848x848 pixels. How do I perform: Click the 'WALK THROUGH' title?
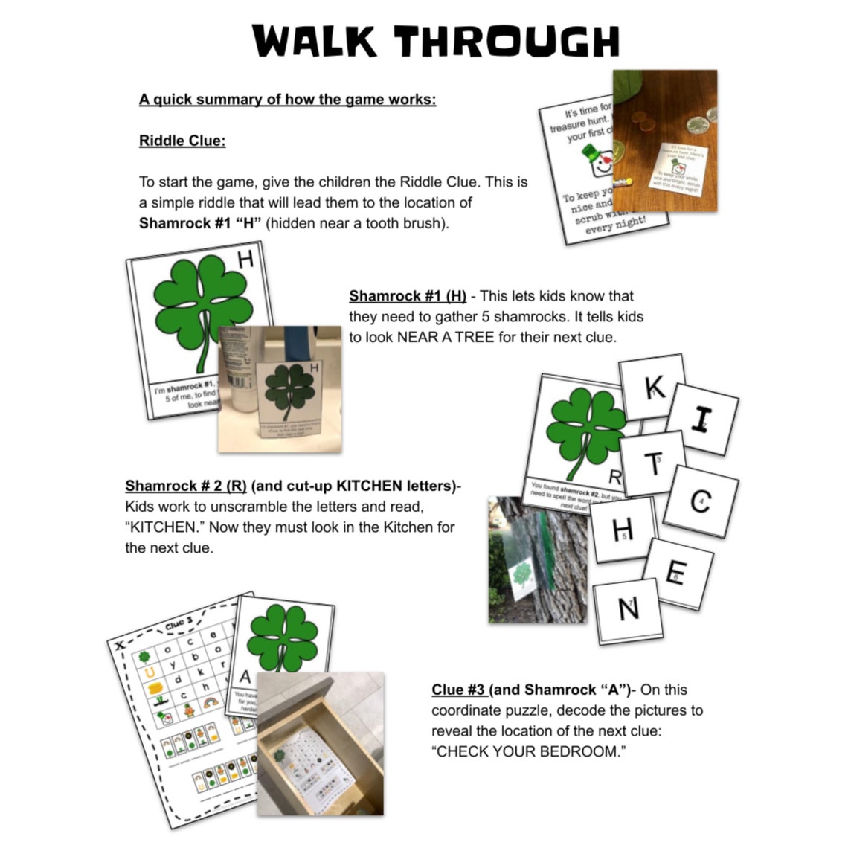tap(435, 42)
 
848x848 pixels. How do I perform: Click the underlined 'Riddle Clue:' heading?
tap(182, 141)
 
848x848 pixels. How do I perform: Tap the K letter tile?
tap(654, 387)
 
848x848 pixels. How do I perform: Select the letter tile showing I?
tap(701, 420)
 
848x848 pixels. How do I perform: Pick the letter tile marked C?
tap(700, 501)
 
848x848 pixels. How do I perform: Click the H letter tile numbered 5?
tap(623, 530)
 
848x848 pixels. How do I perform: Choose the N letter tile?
tap(628, 609)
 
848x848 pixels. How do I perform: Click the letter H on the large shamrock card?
tap(245, 260)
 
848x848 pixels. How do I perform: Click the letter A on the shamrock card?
tap(245, 678)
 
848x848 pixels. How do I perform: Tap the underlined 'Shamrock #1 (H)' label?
tap(408, 296)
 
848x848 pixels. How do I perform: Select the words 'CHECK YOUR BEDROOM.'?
tap(528, 751)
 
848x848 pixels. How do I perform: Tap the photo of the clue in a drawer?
tap(320, 744)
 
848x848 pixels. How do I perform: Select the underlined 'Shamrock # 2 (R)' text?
tap(186, 486)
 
